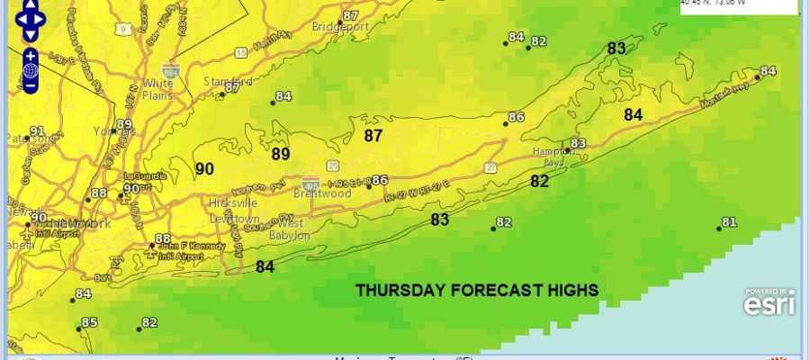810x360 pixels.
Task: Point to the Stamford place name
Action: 220,81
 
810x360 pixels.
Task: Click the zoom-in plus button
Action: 31,55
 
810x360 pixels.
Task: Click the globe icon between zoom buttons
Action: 31,70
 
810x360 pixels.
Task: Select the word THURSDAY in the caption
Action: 397,290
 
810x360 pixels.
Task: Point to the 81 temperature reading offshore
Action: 729,222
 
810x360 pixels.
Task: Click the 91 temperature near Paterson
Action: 37,131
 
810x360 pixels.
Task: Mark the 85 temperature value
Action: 89,323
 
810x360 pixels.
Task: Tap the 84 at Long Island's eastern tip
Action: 768,71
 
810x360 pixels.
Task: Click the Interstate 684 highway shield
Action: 169,69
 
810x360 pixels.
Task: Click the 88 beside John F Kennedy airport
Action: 163,238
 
